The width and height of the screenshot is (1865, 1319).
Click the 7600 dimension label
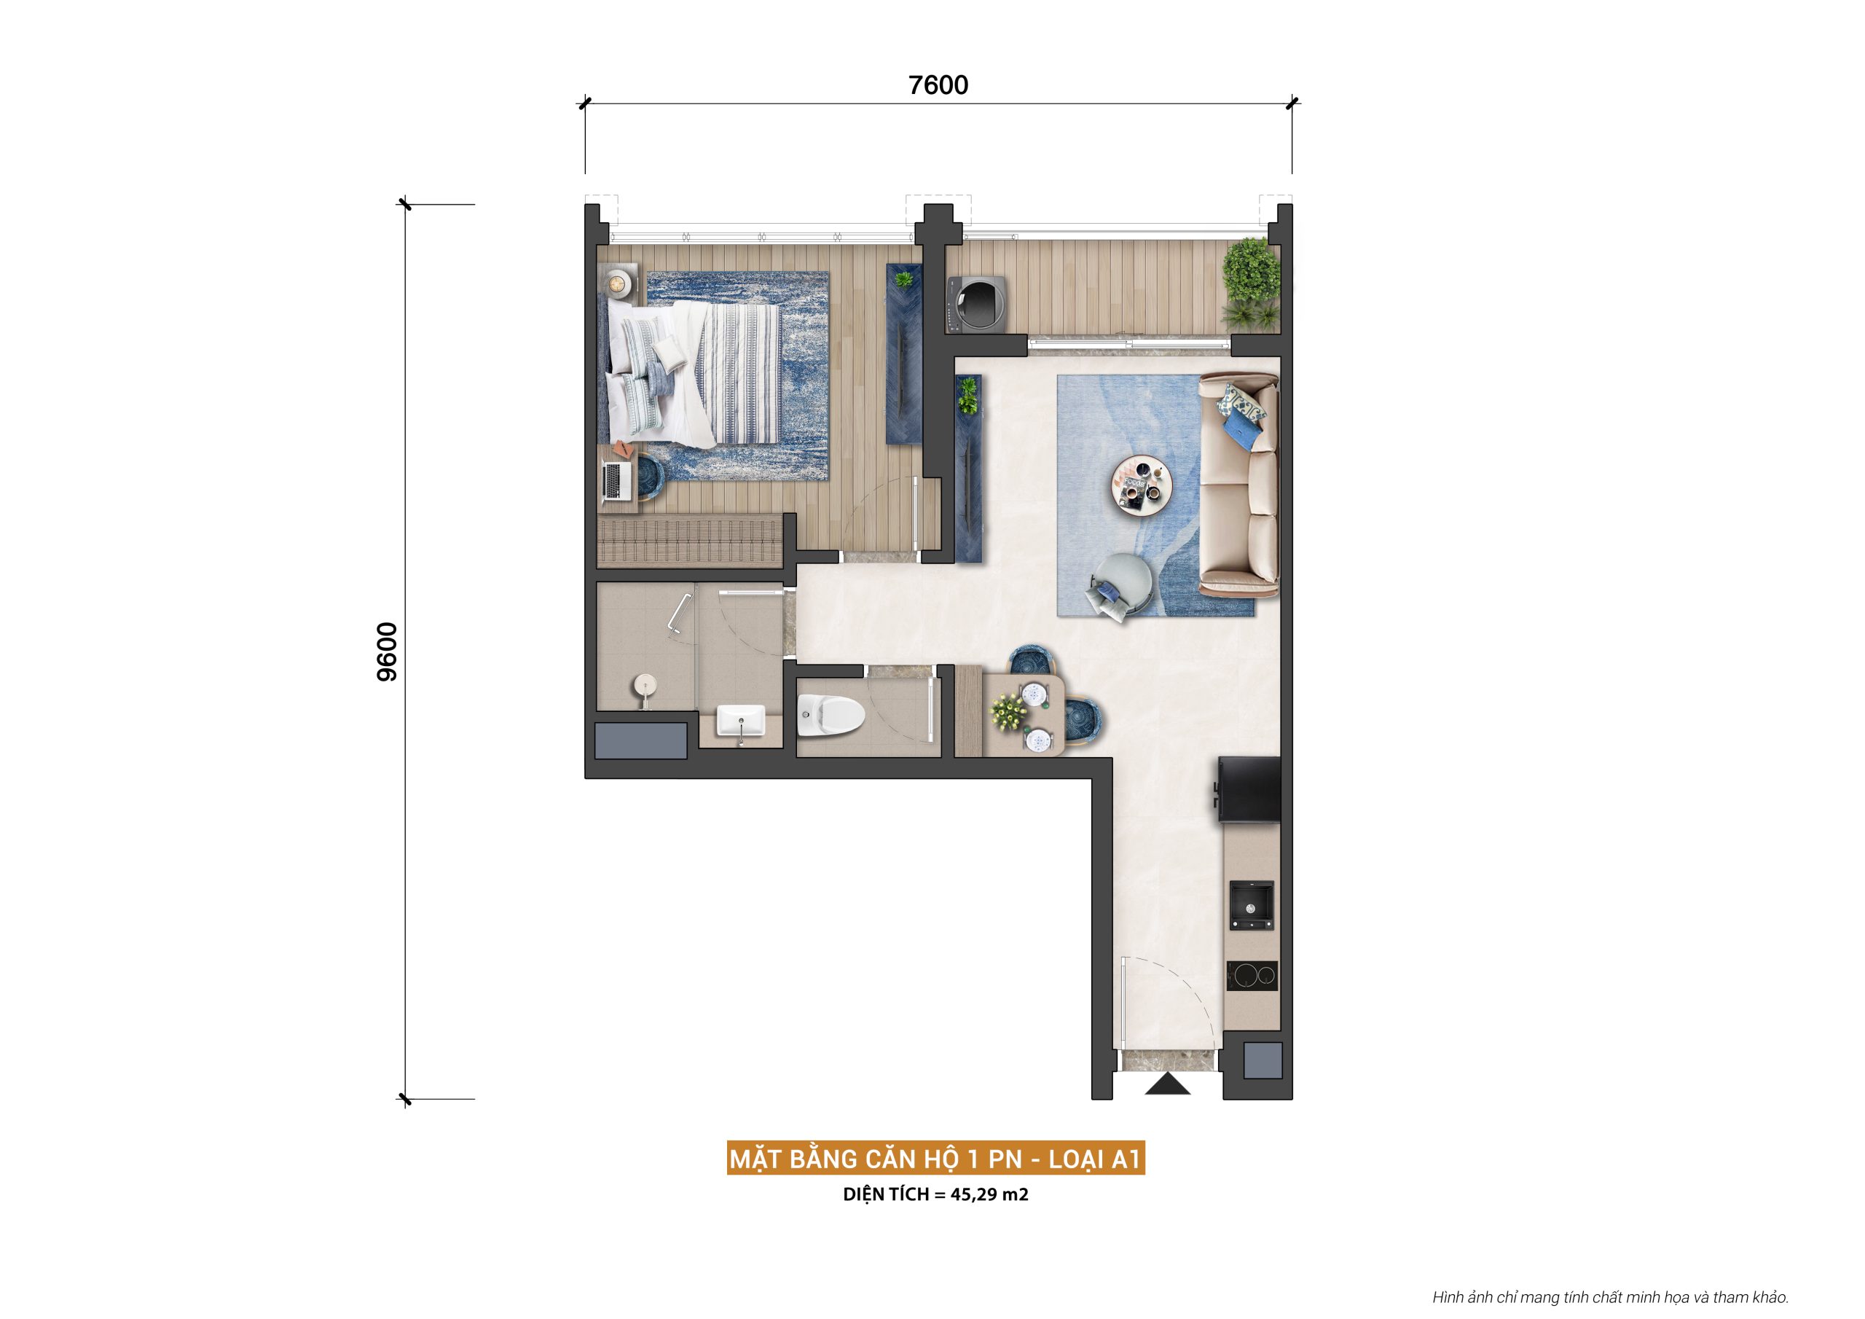(x=938, y=85)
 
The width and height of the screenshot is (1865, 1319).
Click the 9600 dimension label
(x=388, y=651)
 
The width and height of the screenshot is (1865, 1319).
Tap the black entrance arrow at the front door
(x=1167, y=1084)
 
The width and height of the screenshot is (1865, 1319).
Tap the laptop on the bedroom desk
(x=617, y=480)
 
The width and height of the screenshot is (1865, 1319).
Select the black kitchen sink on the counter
(x=1251, y=904)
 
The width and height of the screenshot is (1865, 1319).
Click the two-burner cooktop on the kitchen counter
(x=1251, y=975)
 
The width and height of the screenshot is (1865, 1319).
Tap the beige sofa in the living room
(x=1238, y=481)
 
